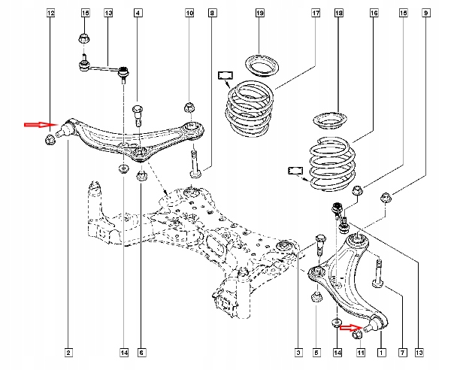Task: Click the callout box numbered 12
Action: [x=50, y=13]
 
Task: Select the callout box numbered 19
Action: [x=260, y=13]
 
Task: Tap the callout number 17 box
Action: [x=316, y=13]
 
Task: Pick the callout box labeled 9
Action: [x=426, y=13]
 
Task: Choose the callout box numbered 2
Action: [x=68, y=353]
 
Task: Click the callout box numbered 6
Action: [x=141, y=353]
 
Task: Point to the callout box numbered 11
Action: [x=361, y=353]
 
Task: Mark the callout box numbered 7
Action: [x=402, y=353]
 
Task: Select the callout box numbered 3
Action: [x=298, y=353]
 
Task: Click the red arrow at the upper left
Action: [x=41, y=125]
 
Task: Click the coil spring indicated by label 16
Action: [x=331, y=165]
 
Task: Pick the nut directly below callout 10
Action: [x=189, y=108]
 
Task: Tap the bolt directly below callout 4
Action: [x=138, y=115]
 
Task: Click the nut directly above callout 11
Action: [x=356, y=335]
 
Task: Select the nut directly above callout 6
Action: [x=141, y=176]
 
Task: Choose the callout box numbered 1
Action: [x=381, y=353]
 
